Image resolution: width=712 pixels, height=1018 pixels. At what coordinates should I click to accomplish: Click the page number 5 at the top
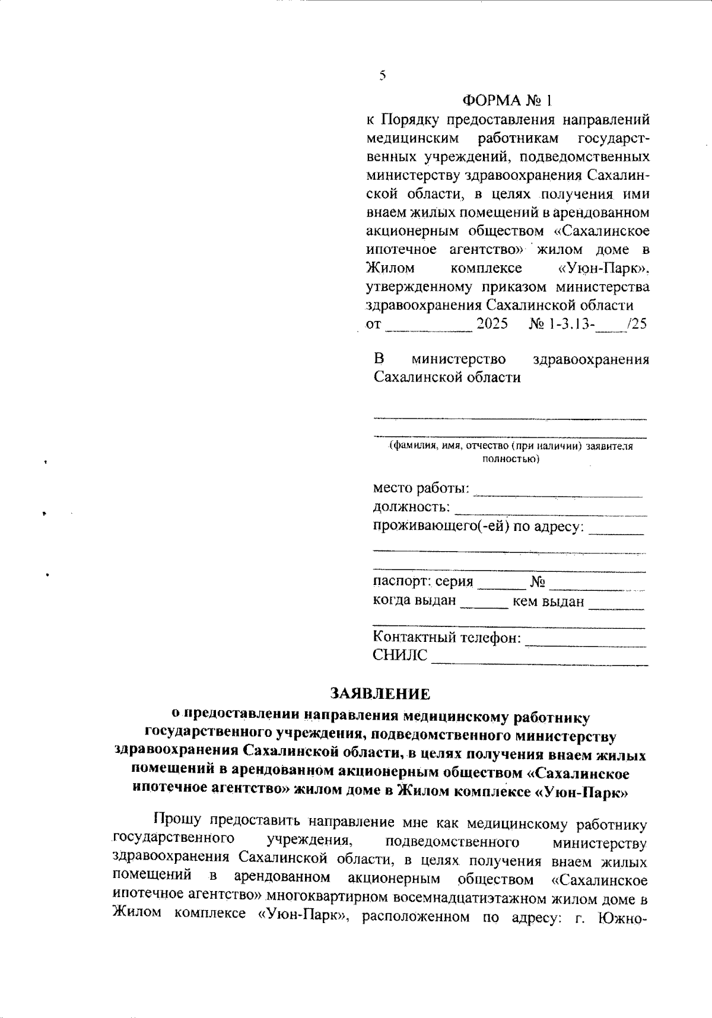point(382,75)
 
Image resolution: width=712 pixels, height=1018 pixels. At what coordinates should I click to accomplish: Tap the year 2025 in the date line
point(492,325)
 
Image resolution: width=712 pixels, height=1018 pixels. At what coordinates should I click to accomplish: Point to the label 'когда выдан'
point(415,600)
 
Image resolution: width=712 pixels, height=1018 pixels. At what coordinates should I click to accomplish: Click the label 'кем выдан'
point(548,602)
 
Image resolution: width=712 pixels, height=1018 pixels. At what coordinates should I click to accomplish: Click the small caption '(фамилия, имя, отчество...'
point(510,447)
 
